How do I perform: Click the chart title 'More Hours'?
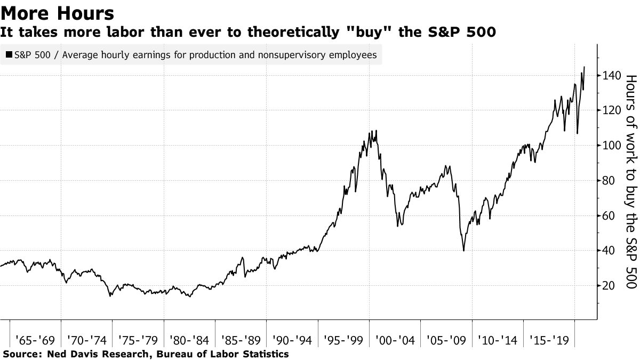point(58,13)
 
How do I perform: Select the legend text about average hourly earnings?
point(193,54)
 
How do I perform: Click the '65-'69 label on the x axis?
point(35,339)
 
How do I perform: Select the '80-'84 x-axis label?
point(189,339)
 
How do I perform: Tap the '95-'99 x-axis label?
point(343,339)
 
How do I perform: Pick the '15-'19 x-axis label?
point(549,339)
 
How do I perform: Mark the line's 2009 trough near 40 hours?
point(463,251)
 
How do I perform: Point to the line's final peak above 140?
point(585,67)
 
